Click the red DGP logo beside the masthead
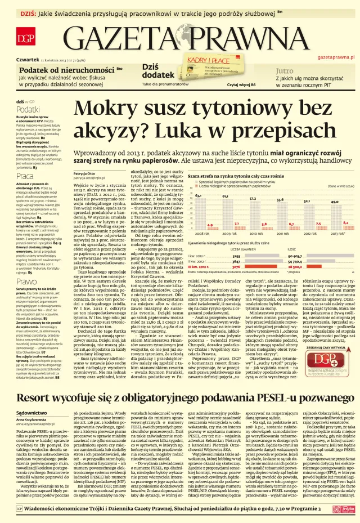[25, 38]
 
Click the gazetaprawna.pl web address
[335, 57]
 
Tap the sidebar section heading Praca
[25, 176]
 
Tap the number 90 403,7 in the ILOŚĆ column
[310, 255]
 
